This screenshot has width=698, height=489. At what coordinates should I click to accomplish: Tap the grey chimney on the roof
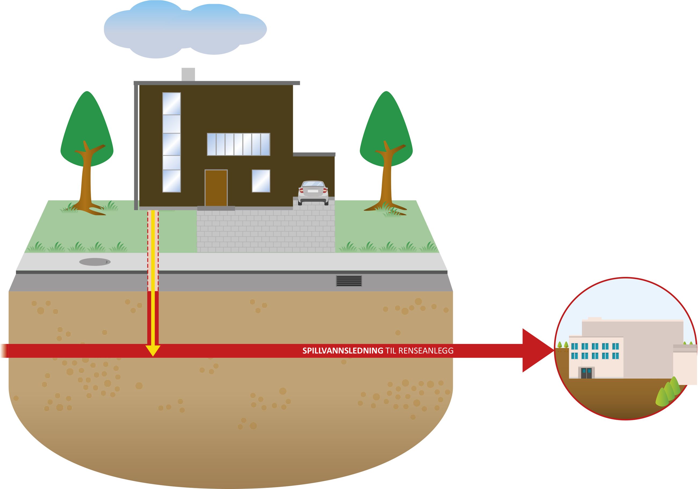188,74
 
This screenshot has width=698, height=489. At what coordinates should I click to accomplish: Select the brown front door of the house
216,188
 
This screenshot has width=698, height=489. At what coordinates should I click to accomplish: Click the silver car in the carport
313,192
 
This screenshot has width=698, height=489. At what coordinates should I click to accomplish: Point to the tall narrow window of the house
172,142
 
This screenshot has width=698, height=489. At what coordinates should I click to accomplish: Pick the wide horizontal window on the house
238,144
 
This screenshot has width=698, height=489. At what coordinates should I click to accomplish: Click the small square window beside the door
261,181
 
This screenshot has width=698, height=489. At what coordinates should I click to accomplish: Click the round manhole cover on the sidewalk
95,262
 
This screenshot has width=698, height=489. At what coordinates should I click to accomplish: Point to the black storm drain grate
349,281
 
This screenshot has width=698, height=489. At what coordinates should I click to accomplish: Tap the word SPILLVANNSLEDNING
343,351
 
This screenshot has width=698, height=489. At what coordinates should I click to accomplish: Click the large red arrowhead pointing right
537,350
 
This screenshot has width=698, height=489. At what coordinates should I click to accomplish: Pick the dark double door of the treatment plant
586,373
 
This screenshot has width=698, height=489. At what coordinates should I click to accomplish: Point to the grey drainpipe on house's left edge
136,146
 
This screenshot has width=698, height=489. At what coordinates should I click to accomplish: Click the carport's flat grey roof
314,154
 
